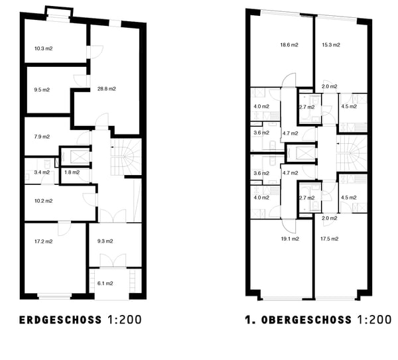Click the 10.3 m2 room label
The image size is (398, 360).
coord(43,48)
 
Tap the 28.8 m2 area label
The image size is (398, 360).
coord(106,89)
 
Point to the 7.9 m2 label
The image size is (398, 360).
coord(42,137)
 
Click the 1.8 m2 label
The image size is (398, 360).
coord(72,172)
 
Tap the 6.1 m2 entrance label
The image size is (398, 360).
coord(105,283)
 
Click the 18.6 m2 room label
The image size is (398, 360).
coord(289,45)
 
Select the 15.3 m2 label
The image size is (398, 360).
coord(331,45)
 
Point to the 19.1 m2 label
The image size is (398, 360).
coord(289,239)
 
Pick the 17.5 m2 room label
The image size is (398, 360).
coord(330,239)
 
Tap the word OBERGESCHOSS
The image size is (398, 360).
coord(306,320)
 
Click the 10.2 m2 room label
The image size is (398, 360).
coord(43,201)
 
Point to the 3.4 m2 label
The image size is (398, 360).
coord(42,172)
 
